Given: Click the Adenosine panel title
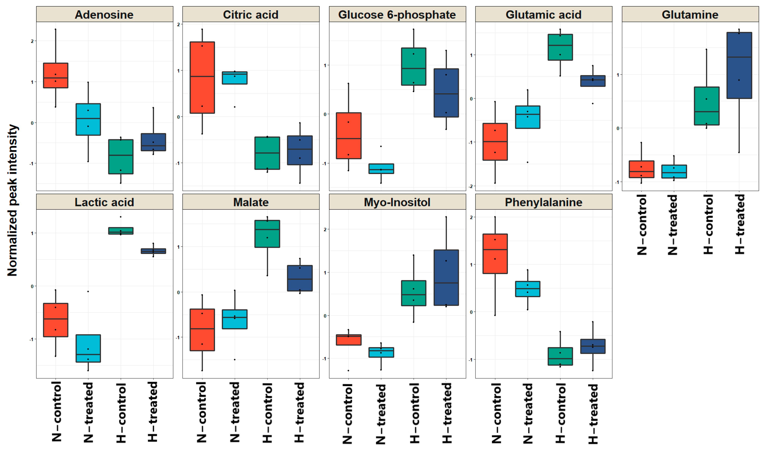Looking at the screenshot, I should (104, 15).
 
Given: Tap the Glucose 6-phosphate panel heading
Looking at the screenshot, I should (397, 15).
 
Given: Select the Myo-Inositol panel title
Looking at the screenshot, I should (397, 202).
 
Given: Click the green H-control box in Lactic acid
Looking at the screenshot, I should (121, 231).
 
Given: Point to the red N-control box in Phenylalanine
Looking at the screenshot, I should (495, 254).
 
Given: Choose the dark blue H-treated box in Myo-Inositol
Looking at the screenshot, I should (446, 277).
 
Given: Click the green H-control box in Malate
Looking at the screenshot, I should (267, 234).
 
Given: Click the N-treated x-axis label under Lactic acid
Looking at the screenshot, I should (88, 412).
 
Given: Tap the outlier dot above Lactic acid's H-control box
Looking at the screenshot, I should (121, 217).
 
